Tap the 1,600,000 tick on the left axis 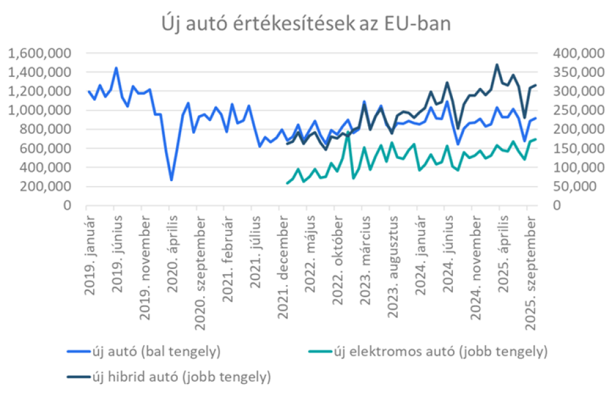[x=40, y=53]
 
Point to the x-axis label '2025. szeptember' [x=529, y=272]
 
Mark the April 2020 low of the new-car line [x=171, y=180]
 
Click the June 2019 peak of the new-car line [x=116, y=68]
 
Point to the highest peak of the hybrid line [x=497, y=65]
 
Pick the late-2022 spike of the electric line [x=348, y=133]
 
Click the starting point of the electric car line [x=287, y=184]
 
